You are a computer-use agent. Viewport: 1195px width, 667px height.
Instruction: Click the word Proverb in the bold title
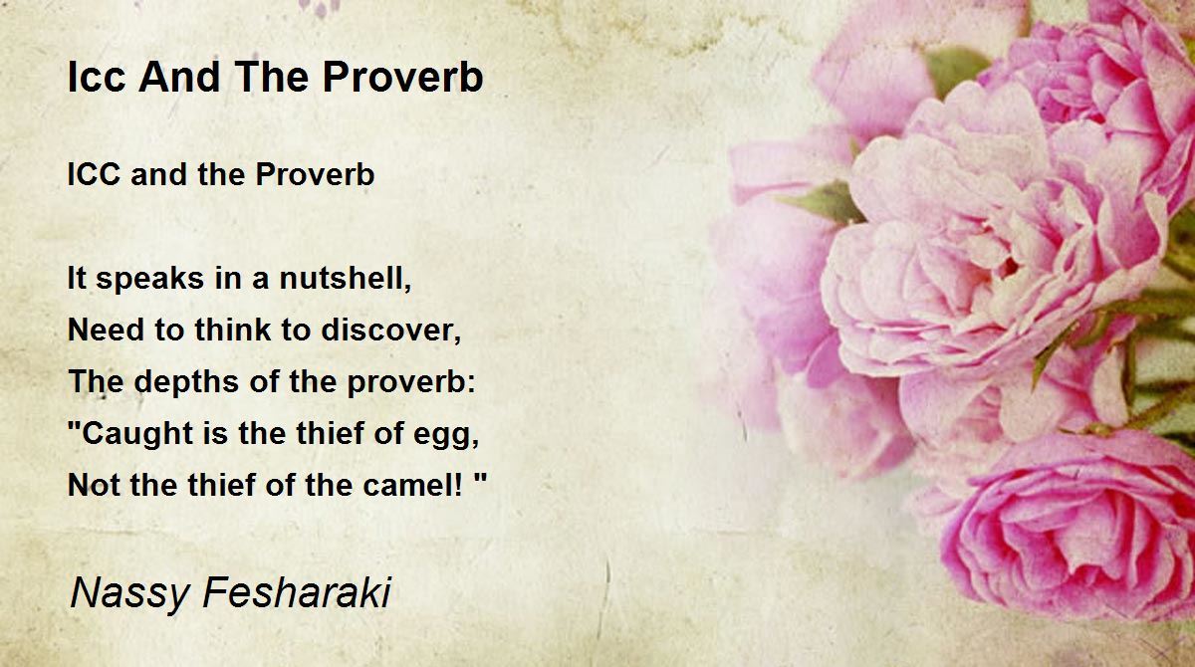402,77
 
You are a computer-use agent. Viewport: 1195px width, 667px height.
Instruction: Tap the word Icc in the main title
97,77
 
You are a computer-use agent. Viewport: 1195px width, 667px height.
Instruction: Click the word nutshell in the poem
346,278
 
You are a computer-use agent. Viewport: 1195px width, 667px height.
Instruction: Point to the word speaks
150,279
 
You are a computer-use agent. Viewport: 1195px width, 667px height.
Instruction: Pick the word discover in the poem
391,330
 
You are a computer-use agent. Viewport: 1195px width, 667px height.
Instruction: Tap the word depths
186,381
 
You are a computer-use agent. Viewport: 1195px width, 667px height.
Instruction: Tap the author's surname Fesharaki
297,591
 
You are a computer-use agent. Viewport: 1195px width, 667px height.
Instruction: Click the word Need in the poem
107,330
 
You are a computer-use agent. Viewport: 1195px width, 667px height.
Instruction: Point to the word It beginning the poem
77,278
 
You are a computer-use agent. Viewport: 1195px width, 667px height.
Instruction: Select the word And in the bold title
179,77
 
